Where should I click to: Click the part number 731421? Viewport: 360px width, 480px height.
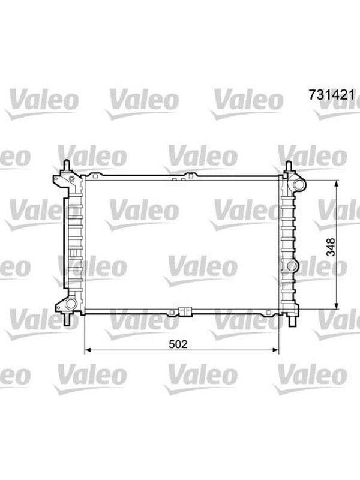click(x=332, y=95)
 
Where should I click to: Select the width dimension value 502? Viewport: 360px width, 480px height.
click(x=178, y=344)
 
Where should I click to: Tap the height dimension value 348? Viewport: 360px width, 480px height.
click(x=331, y=247)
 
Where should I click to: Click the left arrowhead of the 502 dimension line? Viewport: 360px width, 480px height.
click(x=88, y=350)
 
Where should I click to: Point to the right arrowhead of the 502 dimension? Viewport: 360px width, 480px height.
click(x=275, y=350)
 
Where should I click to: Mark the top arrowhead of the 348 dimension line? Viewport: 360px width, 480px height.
click(x=337, y=184)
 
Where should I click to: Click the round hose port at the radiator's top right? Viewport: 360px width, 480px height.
click(x=299, y=185)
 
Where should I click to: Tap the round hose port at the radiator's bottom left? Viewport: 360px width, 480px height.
click(x=70, y=304)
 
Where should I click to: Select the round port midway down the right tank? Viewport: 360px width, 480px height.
click(x=292, y=266)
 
